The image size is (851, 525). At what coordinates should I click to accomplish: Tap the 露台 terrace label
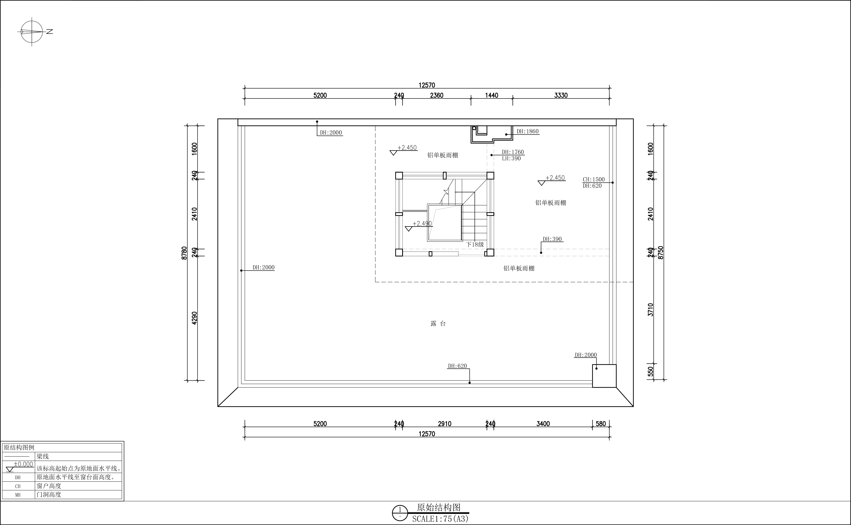[438, 324]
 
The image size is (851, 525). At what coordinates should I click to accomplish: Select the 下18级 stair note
[475, 244]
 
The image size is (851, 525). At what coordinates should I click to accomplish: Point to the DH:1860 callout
[527, 131]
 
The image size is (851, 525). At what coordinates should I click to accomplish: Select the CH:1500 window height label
[593, 180]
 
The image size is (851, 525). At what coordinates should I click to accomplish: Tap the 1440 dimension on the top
[491, 95]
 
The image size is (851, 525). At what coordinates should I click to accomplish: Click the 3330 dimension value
[561, 95]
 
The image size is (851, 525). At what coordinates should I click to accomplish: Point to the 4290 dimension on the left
[194, 318]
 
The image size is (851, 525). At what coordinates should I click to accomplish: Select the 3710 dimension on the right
[650, 310]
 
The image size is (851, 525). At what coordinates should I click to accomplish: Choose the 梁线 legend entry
[43, 457]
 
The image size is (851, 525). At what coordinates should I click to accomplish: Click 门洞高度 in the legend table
[49, 494]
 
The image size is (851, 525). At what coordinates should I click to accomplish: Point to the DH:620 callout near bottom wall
[457, 366]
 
